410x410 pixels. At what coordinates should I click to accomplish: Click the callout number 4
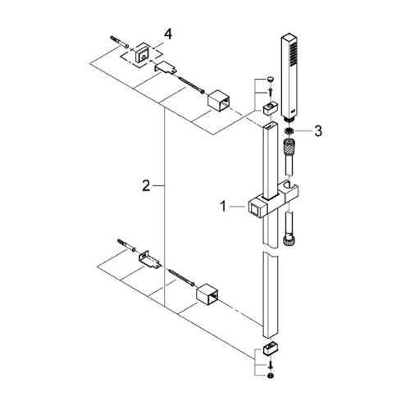(x=167, y=34)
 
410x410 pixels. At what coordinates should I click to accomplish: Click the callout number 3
(x=319, y=130)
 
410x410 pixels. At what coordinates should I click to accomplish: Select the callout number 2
(x=146, y=187)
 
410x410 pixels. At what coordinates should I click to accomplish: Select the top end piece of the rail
(x=271, y=107)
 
